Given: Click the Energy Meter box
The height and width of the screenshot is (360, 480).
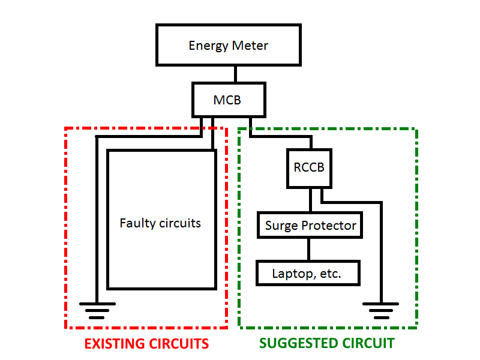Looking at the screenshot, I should (228, 45).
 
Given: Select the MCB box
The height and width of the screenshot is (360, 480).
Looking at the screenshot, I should (227, 100).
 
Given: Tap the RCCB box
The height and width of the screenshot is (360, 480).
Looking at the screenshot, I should (309, 167).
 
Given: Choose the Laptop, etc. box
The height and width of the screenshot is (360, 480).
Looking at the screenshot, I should (307, 274).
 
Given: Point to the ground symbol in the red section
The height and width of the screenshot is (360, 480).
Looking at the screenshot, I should (97, 310).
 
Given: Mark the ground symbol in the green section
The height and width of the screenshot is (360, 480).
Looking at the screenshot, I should (380, 310).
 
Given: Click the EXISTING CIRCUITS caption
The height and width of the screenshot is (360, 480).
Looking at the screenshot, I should (146, 344).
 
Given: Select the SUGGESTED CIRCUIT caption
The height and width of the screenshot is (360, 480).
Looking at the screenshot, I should (327, 344).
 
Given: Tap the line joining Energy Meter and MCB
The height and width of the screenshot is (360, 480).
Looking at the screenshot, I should (235, 74).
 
